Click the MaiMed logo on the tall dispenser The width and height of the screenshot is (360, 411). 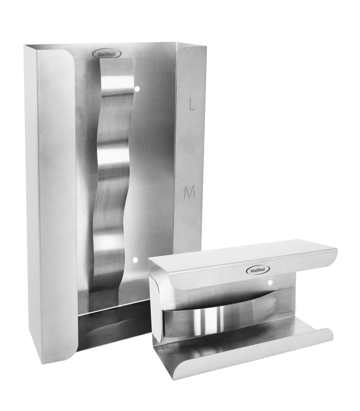107,53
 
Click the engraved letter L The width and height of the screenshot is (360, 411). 192,106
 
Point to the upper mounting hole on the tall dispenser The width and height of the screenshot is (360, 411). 136,89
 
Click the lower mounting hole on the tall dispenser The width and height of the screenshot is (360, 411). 135,260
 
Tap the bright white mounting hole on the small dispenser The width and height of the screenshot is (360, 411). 270,283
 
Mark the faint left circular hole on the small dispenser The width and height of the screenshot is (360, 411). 184,297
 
